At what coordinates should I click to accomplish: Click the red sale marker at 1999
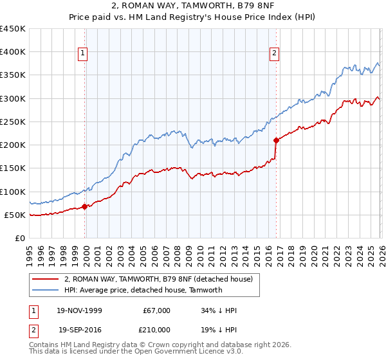pyautogui.click(x=85, y=207)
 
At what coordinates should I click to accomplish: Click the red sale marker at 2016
pyautogui.click(x=276, y=139)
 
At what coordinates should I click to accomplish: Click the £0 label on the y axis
pyautogui.click(x=20, y=238)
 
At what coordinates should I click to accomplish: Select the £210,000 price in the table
pyautogui.click(x=156, y=329)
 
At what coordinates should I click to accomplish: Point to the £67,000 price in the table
pyautogui.click(x=156, y=310)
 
